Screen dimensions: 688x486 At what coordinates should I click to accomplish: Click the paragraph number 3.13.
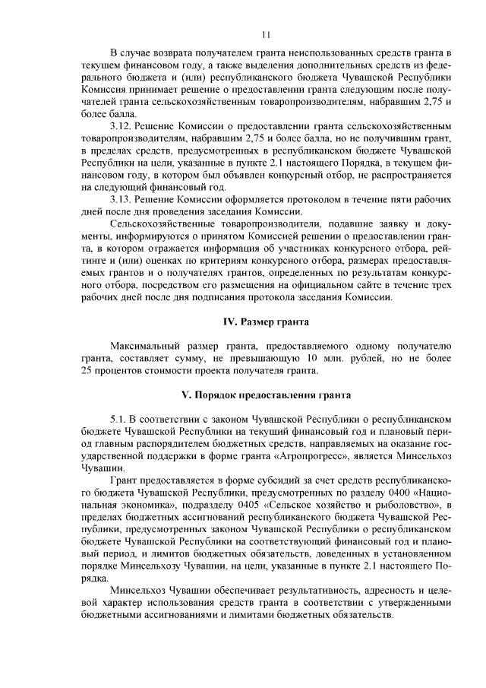124,199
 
